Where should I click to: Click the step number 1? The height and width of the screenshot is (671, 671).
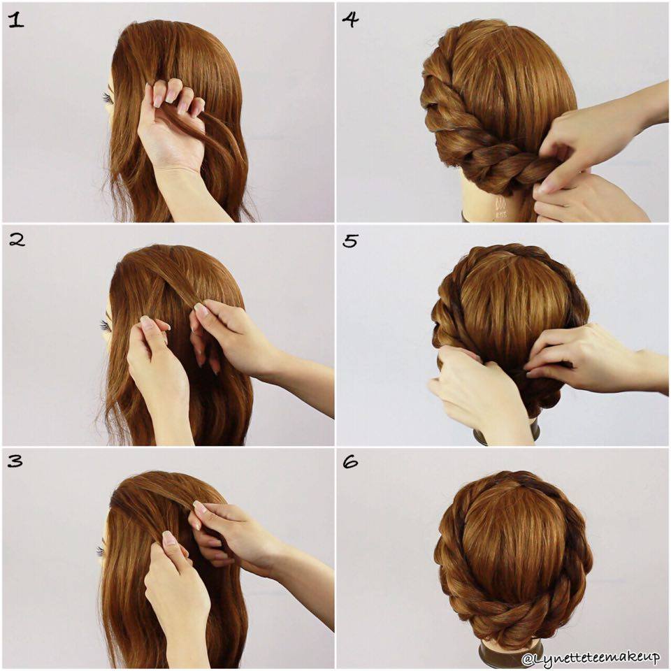17,20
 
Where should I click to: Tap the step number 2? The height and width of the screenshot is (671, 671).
17,240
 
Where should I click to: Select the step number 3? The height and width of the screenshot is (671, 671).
15,461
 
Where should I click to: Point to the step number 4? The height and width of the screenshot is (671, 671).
350,20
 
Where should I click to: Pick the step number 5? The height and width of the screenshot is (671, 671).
350,241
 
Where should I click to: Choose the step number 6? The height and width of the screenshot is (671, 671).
350,462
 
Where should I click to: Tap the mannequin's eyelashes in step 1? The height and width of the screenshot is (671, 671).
108,99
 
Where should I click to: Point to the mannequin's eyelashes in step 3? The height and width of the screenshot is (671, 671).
101,551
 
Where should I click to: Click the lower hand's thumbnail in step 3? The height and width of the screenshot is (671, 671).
169,538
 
